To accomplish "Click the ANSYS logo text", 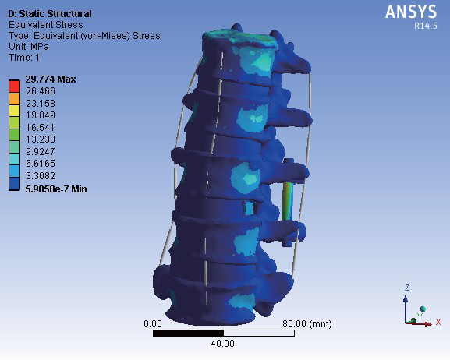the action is [x=411, y=12].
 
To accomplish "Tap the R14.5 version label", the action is [x=426, y=26].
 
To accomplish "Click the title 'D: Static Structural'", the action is [x=50, y=14].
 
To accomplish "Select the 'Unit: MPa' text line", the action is [x=29, y=47].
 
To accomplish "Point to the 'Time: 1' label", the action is [x=24, y=58].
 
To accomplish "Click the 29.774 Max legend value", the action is [x=51, y=79].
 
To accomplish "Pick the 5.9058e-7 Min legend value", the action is [x=56, y=189].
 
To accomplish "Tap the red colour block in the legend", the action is [x=14, y=86].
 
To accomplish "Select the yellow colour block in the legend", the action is [x=14, y=111].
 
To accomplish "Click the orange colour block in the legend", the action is [x=14, y=98].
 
